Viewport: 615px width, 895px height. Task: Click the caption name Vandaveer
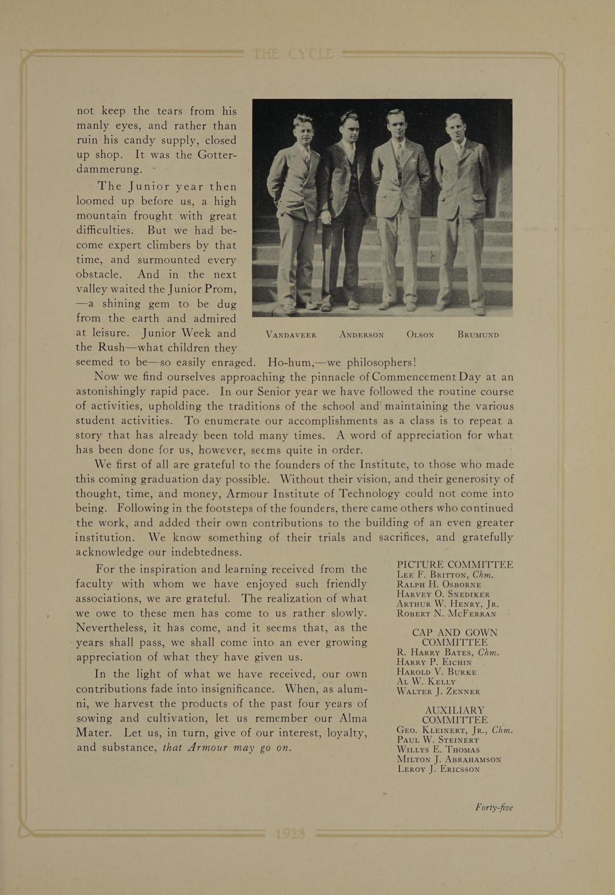coord(291,335)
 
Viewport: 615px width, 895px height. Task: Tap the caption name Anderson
coord(361,335)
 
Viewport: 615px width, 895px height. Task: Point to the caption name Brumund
coord(478,335)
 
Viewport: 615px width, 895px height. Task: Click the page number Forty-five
coord(494,808)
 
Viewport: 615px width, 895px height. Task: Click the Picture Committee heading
coord(455,564)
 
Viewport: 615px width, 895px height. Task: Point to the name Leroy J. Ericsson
coord(438,769)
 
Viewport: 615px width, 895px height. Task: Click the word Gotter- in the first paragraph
coord(212,155)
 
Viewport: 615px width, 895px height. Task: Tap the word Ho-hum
coord(293,362)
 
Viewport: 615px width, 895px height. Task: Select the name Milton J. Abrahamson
coord(449,760)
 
